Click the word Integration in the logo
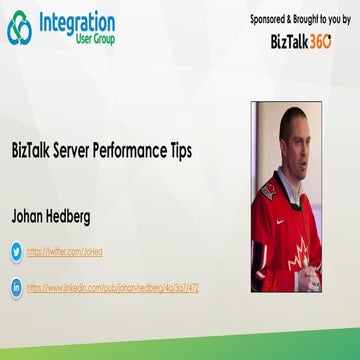click(x=77, y=21)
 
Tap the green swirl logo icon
click(x=19, y=29)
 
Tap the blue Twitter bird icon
click(x=16, y=251)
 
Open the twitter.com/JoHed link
click(x=65, y=252)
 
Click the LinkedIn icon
click(x=16, y=287)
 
